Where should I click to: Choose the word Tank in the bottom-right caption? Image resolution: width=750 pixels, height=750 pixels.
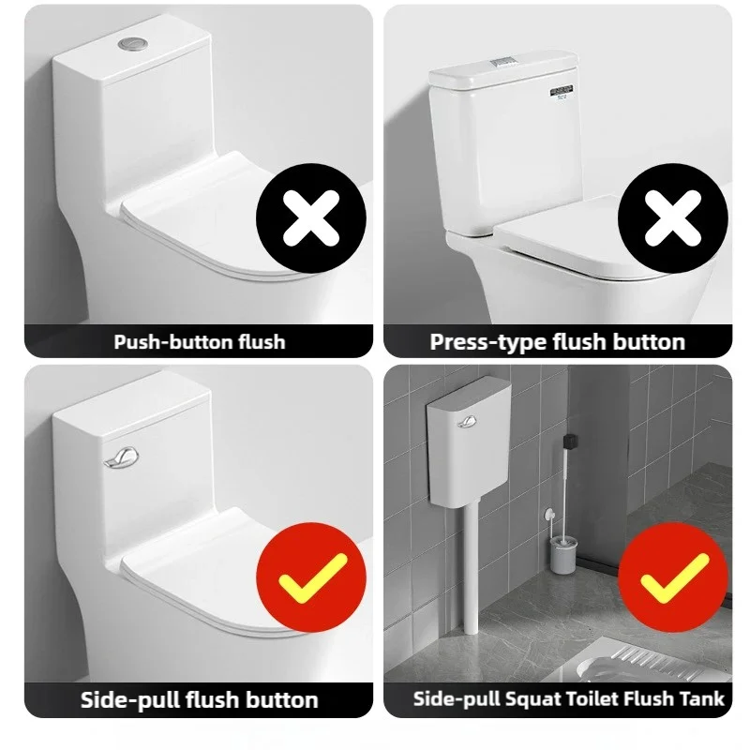pos(704,699)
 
